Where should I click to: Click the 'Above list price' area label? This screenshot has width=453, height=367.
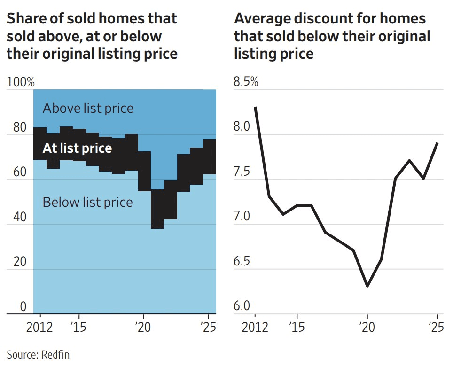(88, 109)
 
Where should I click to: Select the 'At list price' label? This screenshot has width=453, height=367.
(77, 148)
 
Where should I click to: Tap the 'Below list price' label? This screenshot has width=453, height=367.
(87, 203)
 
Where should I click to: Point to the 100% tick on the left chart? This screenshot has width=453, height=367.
(21, 82)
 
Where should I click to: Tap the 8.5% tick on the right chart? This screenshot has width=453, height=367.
(246, 82)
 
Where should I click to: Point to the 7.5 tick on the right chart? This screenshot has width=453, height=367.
(242, 172)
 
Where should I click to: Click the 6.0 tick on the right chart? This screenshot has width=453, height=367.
(242, 307)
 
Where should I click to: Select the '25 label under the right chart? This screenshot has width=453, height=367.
(437, 326)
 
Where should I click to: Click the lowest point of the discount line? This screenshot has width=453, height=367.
(367, 286)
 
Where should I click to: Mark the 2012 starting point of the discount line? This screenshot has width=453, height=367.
(255, 107)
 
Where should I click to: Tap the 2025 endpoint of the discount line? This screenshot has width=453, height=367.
(437, 143)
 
